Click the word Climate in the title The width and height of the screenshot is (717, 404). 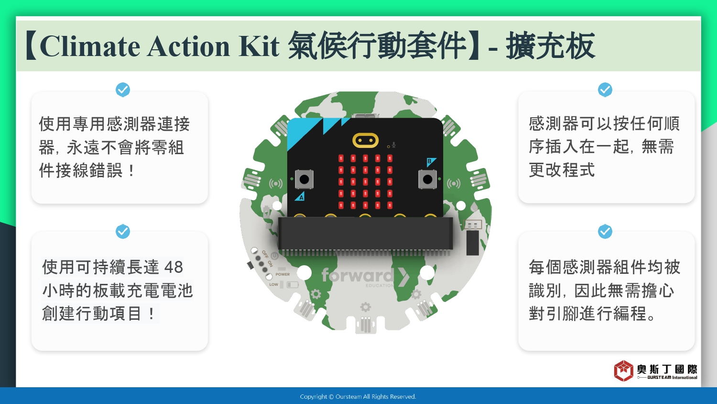pos(90,46)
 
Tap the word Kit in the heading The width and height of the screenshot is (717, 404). pos(259,46)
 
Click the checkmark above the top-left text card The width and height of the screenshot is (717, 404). pos(122,90)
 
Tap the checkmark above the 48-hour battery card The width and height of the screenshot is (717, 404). pos(122,231)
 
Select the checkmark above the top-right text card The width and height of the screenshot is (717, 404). pos(605,90)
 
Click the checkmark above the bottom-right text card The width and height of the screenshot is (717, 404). pos(605,231)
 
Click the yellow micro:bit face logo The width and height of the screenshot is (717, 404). pos(365,140)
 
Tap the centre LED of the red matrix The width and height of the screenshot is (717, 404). pos(365,182)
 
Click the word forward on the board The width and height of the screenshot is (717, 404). pos(358,275)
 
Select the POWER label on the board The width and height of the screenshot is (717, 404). pos(282,274)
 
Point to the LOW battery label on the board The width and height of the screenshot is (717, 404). pos(274,284)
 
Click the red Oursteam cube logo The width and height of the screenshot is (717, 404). pos(623,370)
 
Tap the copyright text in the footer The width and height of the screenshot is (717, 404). pos(358,397)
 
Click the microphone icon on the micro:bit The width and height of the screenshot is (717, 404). pos(394,145)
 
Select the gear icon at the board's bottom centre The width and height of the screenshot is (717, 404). pos(365,307)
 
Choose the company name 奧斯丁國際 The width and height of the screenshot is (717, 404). pos(667,370)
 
